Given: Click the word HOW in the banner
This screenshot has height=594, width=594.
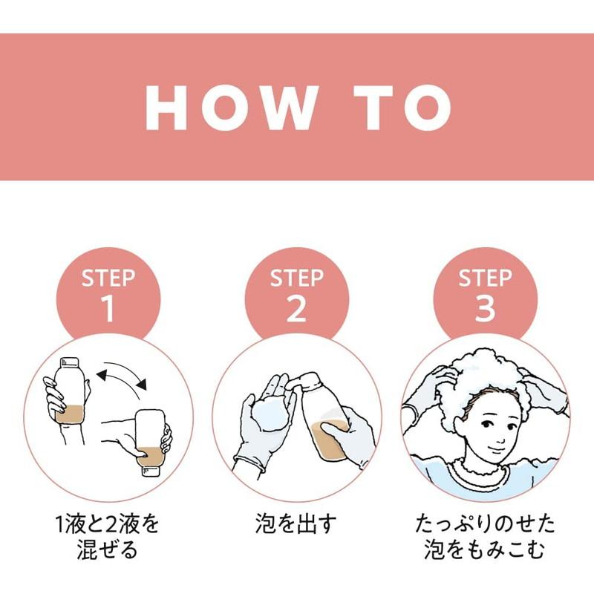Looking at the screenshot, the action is [x=231, y=108].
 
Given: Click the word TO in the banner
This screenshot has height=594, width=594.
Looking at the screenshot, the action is [x=403, y=108].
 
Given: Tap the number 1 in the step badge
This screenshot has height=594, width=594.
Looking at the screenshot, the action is [x=108, y=308].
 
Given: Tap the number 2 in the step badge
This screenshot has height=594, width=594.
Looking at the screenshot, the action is [x=296, y=308].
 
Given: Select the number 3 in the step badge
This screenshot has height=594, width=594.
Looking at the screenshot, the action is [x=485, y=308].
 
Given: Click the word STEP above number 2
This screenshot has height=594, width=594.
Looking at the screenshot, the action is [x=296, y=278].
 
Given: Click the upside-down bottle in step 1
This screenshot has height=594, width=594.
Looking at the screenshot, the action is [x=151, y=442].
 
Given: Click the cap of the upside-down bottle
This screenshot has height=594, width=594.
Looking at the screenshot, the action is [x=151, y=471].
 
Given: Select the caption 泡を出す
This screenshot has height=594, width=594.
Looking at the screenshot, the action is [x=296, y=524].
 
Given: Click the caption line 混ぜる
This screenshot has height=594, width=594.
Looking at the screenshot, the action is [x=107, y=549].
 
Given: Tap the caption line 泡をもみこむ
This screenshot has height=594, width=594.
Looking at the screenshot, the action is [x=485, y=549].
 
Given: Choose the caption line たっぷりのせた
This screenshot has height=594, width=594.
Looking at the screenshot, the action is [x=485, y=524].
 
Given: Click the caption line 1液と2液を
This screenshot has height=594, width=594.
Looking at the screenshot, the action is [x=107, y=524].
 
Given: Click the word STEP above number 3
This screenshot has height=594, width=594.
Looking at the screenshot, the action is [x=485, y=278].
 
